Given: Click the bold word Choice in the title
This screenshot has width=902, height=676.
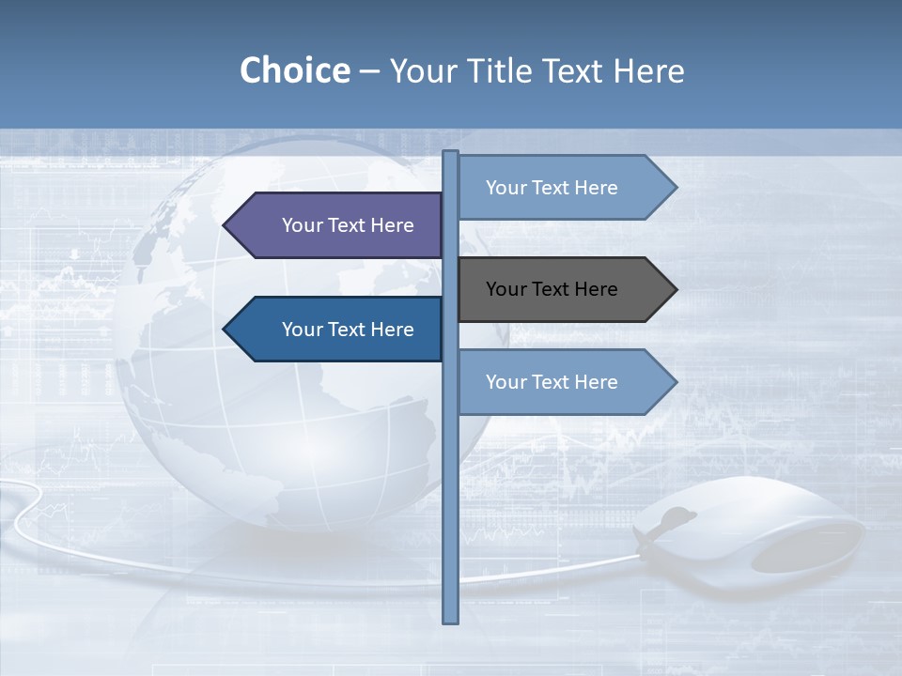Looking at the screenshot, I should [294, 70].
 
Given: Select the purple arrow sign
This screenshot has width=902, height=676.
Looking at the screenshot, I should [338, 225].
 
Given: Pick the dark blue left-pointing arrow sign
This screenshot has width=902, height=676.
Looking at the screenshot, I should [338, 330].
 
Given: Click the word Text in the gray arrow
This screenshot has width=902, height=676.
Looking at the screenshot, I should [551, 289].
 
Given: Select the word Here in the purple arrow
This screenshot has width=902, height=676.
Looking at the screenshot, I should [392, 225].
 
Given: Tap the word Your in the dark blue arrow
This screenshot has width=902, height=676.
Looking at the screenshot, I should [303, 330].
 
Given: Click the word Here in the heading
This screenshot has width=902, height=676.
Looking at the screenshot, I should [648, 70].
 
